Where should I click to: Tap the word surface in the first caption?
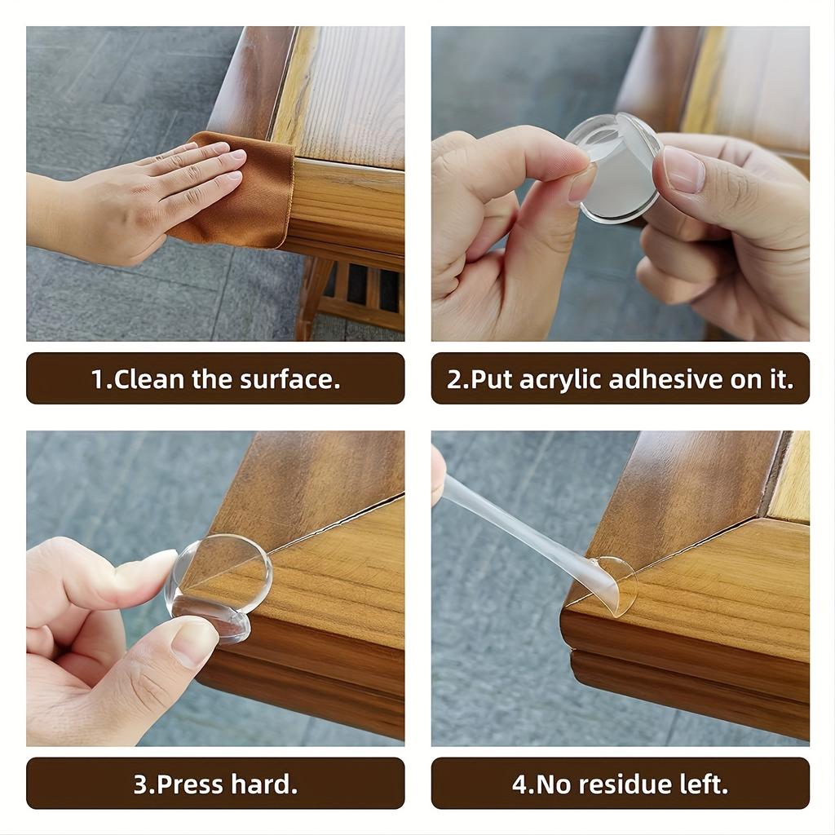pyautogui.click(x=289, y=379)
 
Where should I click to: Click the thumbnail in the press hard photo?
pyautogui.click(x=195, y=643)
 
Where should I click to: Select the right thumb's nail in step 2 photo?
pyautogui.click(x=683, y=169)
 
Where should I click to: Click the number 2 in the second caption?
pyautogui.click(x=453, y=379)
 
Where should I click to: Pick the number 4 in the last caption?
pyautogui.click(x=519, y=784)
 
